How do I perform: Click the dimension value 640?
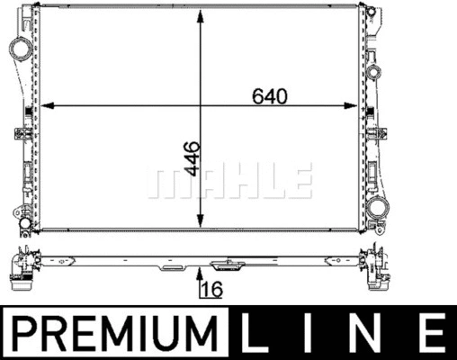270,96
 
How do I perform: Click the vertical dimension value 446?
192,158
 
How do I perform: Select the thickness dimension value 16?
212,289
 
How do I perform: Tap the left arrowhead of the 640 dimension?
47,105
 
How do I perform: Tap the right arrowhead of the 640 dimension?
351,105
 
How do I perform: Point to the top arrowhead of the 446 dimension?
200,15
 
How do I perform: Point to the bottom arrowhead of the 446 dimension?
200,221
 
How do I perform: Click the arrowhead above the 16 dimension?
200,274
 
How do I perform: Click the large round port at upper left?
21,48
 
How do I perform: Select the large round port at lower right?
378,207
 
